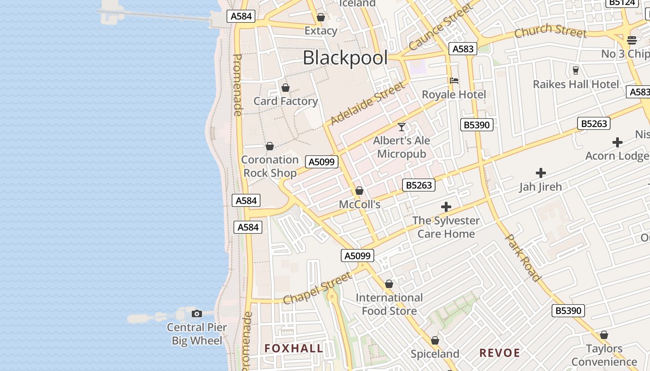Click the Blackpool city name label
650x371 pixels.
tap(345, 58)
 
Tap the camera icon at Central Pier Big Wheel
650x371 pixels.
tap(197, 314)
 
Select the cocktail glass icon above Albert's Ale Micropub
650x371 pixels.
tap(402, 127)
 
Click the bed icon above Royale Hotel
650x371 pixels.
tap(454, 81)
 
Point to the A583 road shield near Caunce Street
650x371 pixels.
tap(463, 49)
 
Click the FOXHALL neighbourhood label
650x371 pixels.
tap(293, 348)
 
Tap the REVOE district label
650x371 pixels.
tap(500, 353)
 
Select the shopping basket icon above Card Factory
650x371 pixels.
tap(286, 88)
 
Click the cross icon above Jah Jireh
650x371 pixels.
tap(540, 173)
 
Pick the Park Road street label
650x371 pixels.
tap(523, 257)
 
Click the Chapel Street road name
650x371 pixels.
tap(317, 288)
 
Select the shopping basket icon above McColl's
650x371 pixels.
tap(359, 191)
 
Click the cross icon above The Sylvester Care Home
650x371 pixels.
tap(446, 207)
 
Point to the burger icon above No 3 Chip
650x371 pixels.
tap(631, 40)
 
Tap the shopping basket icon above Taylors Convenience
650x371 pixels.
tap(604, 335)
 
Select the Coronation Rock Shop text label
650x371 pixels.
tap(270, 166)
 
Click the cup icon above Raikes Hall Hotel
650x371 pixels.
tap(576, 70)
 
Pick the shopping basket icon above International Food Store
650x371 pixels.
tap(389, 284)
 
